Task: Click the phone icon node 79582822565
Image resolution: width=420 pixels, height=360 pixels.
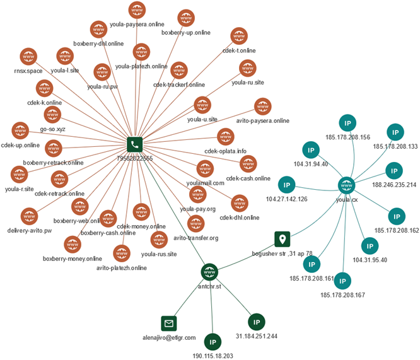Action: point(134,145)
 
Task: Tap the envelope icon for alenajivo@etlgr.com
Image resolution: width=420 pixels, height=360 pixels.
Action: point(168,323)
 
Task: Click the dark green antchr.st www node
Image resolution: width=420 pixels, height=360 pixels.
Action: point(209,272)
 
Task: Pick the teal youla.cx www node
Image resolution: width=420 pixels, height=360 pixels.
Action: point(346,185)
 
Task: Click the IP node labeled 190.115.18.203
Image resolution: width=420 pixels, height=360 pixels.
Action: point(212,342)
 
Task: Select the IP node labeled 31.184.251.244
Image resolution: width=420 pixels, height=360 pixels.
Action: point(256,322)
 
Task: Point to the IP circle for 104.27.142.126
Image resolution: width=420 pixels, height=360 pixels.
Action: point(287,185)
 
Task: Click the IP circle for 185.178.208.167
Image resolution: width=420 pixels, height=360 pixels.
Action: point(342,281)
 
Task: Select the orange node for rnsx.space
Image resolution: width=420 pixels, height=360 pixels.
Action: point(28,57)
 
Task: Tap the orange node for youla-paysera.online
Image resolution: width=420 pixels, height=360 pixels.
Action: point(136,10)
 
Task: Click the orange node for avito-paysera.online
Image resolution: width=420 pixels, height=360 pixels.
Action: point(262,106)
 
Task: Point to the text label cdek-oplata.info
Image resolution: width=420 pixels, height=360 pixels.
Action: point(225,151)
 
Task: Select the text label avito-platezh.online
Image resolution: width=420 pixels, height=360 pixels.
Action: point(122,268)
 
